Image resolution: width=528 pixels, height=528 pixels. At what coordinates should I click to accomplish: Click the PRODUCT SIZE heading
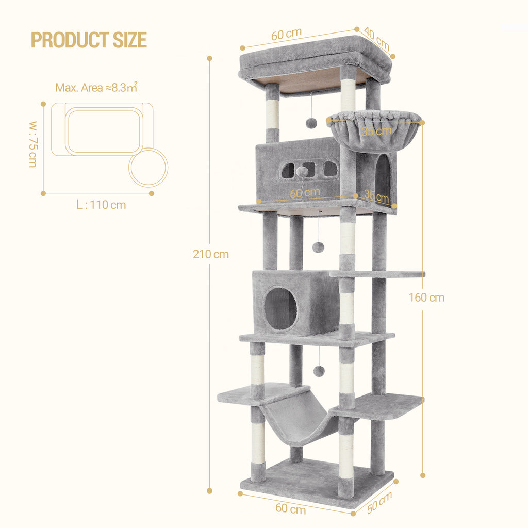89,40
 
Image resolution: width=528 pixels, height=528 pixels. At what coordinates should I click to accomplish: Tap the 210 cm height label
211,254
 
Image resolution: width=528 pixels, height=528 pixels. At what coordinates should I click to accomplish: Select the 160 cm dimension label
426,298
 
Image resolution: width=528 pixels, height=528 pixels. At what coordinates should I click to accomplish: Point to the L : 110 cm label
101,205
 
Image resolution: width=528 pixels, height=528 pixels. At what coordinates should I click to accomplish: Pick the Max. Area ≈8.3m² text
96,87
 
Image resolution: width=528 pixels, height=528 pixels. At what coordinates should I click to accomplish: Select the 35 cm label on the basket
376,131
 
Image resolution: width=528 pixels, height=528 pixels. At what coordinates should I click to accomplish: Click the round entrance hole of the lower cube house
280,309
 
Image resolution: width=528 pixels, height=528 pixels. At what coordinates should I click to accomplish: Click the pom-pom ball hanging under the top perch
311,123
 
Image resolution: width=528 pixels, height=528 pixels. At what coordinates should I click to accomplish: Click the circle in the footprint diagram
148,167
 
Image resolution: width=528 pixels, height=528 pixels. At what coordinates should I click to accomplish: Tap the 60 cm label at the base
290,508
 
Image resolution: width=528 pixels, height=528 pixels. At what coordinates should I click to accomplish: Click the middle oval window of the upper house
309,169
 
